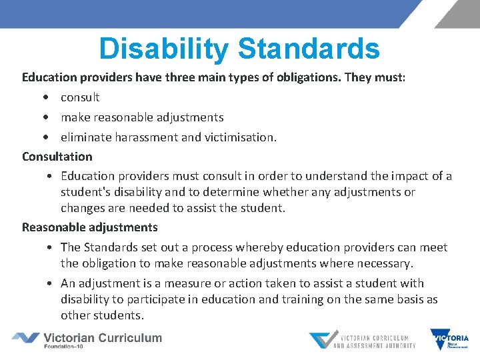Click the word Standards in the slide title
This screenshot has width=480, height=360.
click(308, 49)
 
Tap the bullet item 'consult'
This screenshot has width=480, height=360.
click(80, 97)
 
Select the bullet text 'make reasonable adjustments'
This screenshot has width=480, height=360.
click(142, 117)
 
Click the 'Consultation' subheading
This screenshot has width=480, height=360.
click(57, 157)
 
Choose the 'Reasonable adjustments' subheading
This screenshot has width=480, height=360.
click(90, 227)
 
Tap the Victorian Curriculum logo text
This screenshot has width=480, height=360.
click(103, 337)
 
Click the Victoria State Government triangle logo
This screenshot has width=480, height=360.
click(449, 339)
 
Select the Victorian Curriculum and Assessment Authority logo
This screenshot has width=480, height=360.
click(362, 340)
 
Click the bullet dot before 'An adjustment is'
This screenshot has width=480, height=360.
click(51, 283)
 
